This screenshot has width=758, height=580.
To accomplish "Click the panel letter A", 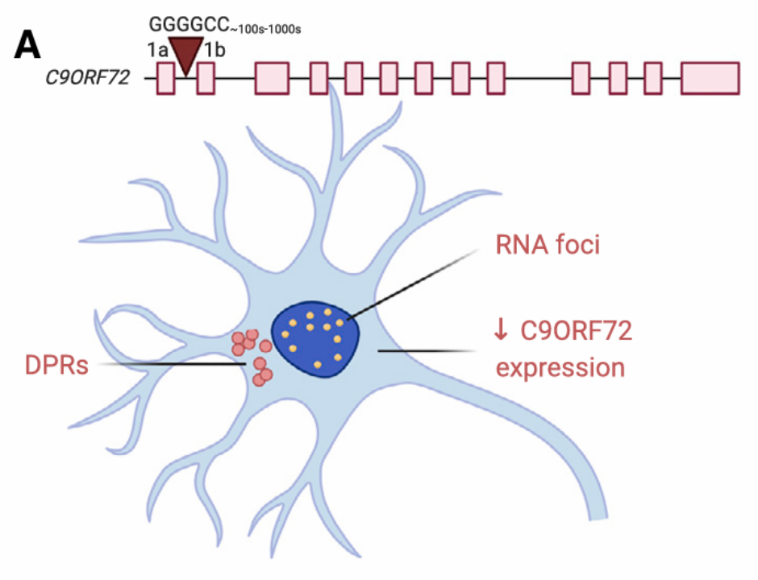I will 27,46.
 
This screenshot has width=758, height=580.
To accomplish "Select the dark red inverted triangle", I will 186,56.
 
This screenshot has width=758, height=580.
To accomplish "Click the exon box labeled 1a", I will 165,78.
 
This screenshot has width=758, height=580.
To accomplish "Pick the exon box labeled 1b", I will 206,78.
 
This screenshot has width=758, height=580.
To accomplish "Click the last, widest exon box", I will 710,78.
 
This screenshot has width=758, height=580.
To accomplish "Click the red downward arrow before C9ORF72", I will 501,330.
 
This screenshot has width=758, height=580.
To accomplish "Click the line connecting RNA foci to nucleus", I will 411,282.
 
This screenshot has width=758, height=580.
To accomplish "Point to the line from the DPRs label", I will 169,364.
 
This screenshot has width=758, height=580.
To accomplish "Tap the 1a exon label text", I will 157,50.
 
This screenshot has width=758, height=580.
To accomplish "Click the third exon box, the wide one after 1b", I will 272,78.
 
